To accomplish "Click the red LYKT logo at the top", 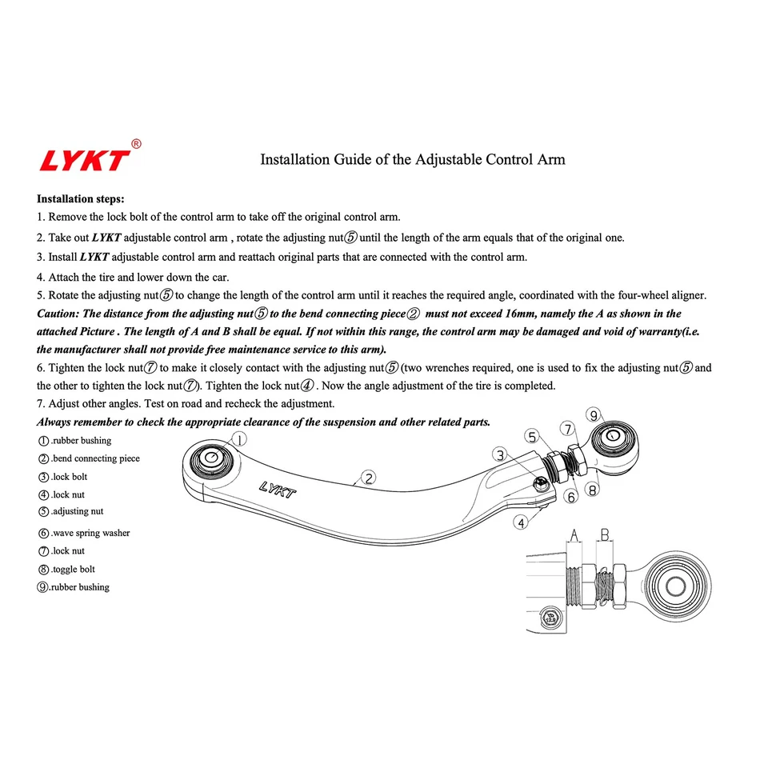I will (x=84, y=160).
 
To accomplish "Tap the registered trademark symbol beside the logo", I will (x=136, y=144).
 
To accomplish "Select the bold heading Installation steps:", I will (x=80, y=198).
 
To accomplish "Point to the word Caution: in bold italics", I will (x=58, y=314).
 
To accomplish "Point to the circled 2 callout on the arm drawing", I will (x=368, y=478).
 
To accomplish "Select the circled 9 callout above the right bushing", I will (x=593, y=414).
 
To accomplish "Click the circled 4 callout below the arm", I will (x=522, y=523).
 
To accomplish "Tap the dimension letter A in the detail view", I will (x=574, y=534).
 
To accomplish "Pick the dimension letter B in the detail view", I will (x=606, y=534).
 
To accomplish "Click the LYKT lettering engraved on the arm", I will (x=277, y=489).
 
